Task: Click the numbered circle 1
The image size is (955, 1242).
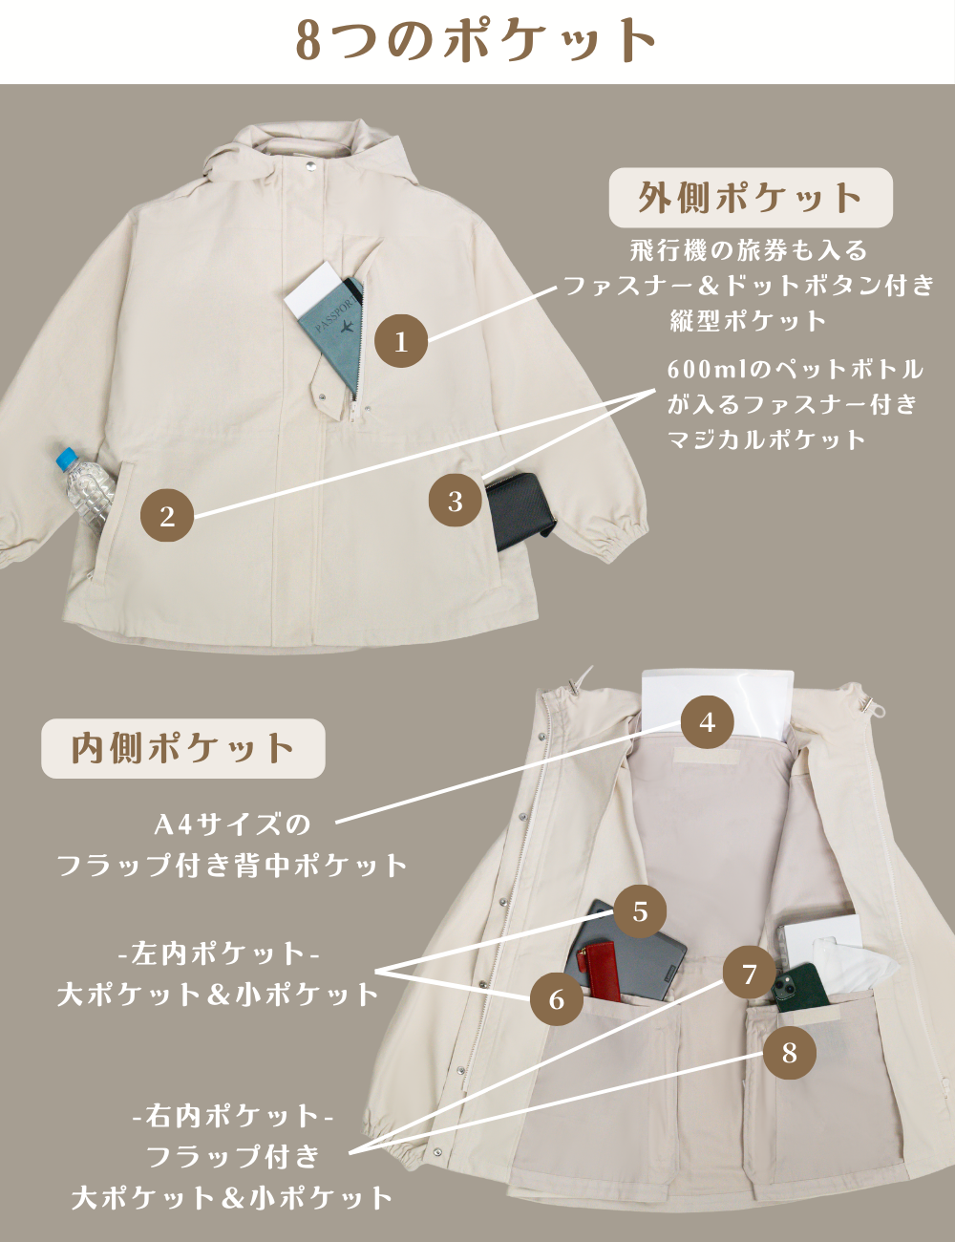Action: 401,341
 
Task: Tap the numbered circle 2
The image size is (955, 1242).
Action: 167,516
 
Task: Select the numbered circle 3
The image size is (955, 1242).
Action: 455,501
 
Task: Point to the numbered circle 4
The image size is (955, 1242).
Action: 707,722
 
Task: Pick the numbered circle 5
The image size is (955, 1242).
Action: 640,910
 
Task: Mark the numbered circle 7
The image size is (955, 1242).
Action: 749,973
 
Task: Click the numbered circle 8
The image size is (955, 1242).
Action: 789,1052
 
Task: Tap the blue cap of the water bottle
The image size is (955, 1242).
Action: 66,458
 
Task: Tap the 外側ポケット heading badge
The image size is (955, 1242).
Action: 751,198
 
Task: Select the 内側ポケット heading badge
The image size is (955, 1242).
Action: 182,748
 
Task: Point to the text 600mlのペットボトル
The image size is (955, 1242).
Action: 796,369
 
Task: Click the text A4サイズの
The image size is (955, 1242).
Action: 232,824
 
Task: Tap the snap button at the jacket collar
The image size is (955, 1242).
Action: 310,164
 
